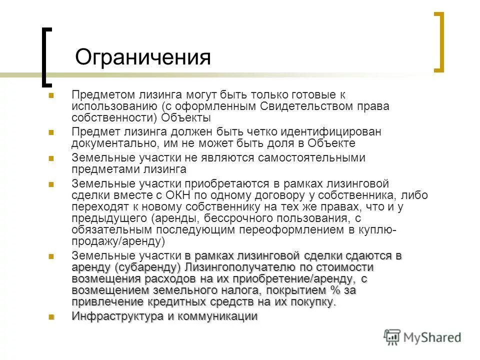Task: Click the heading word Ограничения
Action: (x=142, y=57)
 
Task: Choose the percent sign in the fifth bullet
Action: (x=336, y=290)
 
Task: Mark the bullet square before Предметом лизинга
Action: (x=51, y=94)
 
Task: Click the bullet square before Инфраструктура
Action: (x=51, y=316)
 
